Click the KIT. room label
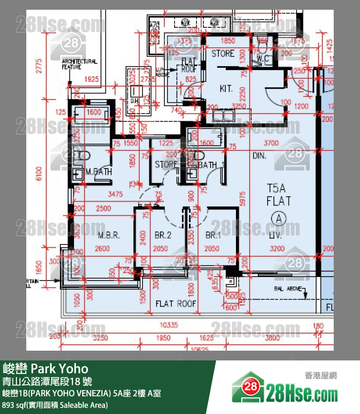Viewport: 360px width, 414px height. click(226, 89)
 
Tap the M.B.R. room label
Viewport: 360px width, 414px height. click(108, 235)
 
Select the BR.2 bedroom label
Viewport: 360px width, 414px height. click(163, 235)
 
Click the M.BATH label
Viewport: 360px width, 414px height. click(99, 172)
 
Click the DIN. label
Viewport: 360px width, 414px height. click(259, 156)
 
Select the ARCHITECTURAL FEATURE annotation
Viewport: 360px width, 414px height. click(79, 64)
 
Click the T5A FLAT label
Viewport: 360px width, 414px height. click(279, 194)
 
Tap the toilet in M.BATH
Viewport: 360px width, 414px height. click(84, 157)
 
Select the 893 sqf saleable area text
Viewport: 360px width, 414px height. click(55, 405)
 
